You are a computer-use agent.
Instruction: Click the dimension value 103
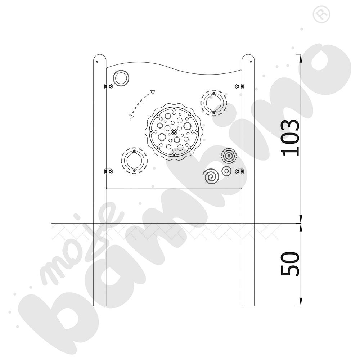[x=290, y=138]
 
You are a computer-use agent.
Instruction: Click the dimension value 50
[x=290, y=264]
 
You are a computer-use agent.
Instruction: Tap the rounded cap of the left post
[x=100, y=57]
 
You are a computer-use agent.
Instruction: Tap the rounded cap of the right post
[x=248, y=57]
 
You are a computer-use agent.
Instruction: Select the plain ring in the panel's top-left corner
[x=121, y=78]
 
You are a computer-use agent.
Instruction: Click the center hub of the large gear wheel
[x=174, y=132]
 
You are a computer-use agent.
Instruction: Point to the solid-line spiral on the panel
[x=211, y=176]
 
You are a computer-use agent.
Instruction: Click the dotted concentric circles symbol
[x=229, y=156]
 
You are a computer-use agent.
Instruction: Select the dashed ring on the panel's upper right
[x=214, y=103]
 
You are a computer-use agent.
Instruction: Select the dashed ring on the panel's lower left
[x=134, y=161]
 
